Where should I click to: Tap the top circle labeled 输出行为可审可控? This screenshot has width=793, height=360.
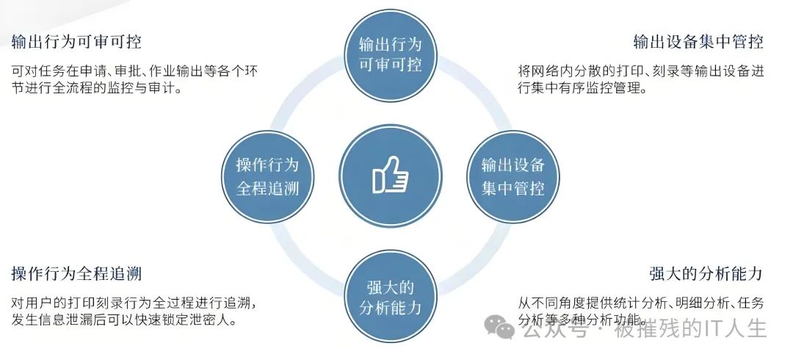coord(391,52)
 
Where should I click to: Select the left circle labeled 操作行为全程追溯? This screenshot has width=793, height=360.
coord(267,176)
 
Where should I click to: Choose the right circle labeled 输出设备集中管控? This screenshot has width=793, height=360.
coord(513,176)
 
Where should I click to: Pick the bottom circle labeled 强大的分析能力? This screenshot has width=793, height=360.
coord(391,297)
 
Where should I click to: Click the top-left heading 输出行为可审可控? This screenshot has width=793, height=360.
coord(76,41)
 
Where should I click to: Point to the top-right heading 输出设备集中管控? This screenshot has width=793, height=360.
coord(698,41)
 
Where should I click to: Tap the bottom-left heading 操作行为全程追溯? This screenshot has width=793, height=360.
coord(76,274)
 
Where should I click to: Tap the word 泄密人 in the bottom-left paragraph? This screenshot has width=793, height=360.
coord(220,321)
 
